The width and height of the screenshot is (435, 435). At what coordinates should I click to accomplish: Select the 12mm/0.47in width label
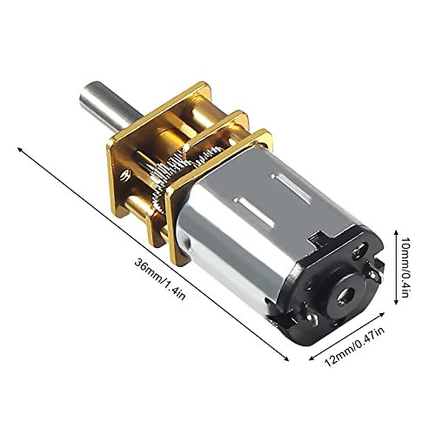coord(358,352)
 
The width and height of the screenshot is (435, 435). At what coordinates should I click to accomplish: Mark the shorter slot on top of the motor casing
coord(278,179)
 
